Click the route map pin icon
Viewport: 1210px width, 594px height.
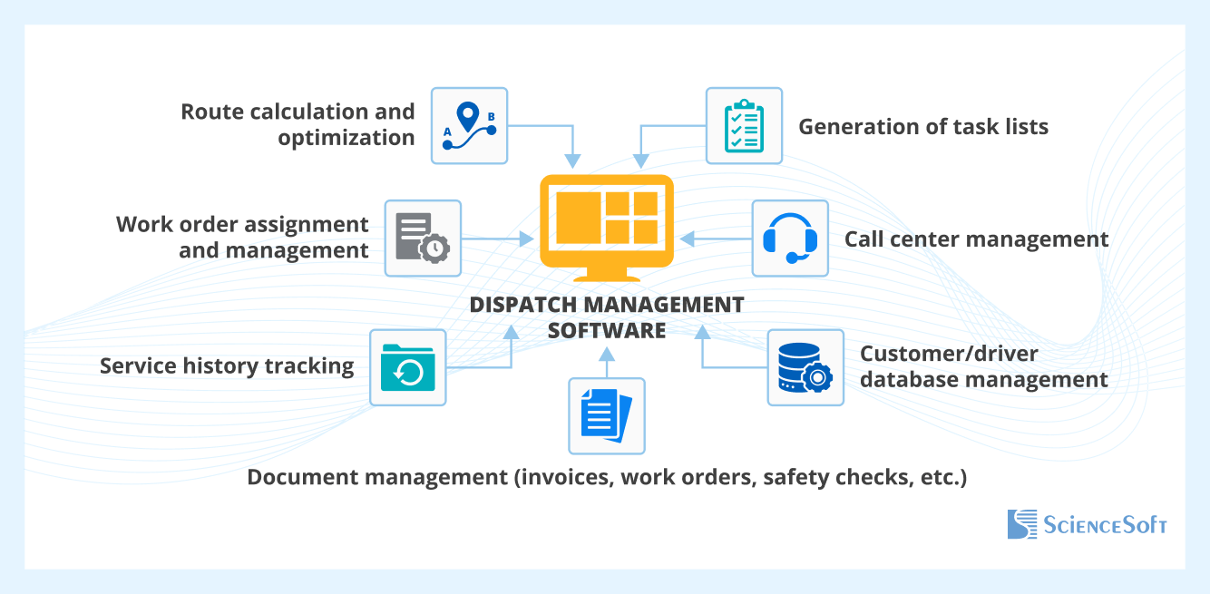click(468, 125)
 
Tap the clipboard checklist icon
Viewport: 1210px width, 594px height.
click(744, 126)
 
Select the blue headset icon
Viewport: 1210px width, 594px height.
click(789, 239)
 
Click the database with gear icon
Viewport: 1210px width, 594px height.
click(805, 367)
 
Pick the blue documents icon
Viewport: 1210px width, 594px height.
click(606, 416)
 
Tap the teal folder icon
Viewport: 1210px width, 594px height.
click(408, 367)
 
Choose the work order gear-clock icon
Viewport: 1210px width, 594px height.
click(423, 239)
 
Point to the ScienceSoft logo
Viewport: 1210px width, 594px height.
click(1087, 524)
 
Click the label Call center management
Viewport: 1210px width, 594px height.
click(976, 239)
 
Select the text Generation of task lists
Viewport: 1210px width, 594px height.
click(922, 127)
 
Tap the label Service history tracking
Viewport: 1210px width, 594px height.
click(227, 366)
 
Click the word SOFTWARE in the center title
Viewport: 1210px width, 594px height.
click(606, 330)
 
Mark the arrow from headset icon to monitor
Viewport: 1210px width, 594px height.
click(716, 239)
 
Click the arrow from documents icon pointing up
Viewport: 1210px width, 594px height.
click(606, 361)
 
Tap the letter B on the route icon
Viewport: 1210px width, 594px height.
click(492, 116)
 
